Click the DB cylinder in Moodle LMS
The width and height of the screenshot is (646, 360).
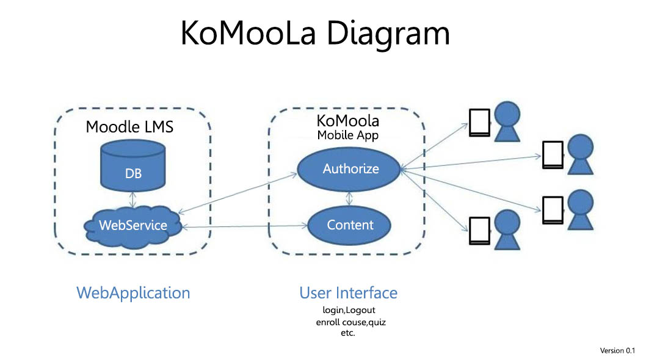pos(133,165)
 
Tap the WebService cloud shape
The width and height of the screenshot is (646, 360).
pos(132,226)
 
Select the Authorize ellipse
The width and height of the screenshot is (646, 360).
pos(349,169)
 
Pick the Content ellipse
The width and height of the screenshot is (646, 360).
pos(349,225)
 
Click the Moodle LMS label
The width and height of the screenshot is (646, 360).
pos(129,127)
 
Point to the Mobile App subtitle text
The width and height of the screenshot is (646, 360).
pos(347,135)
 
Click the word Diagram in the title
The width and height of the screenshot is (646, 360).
pos(388,34)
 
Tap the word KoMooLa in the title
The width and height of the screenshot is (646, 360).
pos(248,33)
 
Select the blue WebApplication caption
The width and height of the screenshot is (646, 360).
pos(133,293)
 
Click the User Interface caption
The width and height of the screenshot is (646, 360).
pos(348,293)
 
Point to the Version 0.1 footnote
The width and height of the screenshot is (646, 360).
pos(617,350)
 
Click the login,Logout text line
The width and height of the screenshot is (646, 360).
pos(349,310)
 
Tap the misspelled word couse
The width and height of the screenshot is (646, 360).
pos(354,322)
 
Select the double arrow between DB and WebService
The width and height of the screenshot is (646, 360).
pos(132,200)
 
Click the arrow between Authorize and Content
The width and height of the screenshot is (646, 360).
pos(349,199)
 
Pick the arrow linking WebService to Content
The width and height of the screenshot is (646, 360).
pos(245,226)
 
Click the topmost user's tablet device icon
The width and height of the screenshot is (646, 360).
pos(479,122)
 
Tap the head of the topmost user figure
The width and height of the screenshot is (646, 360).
pos(507,113)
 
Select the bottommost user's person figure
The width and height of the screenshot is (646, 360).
pos(507,230)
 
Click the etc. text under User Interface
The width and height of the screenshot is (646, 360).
pos(347,333)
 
